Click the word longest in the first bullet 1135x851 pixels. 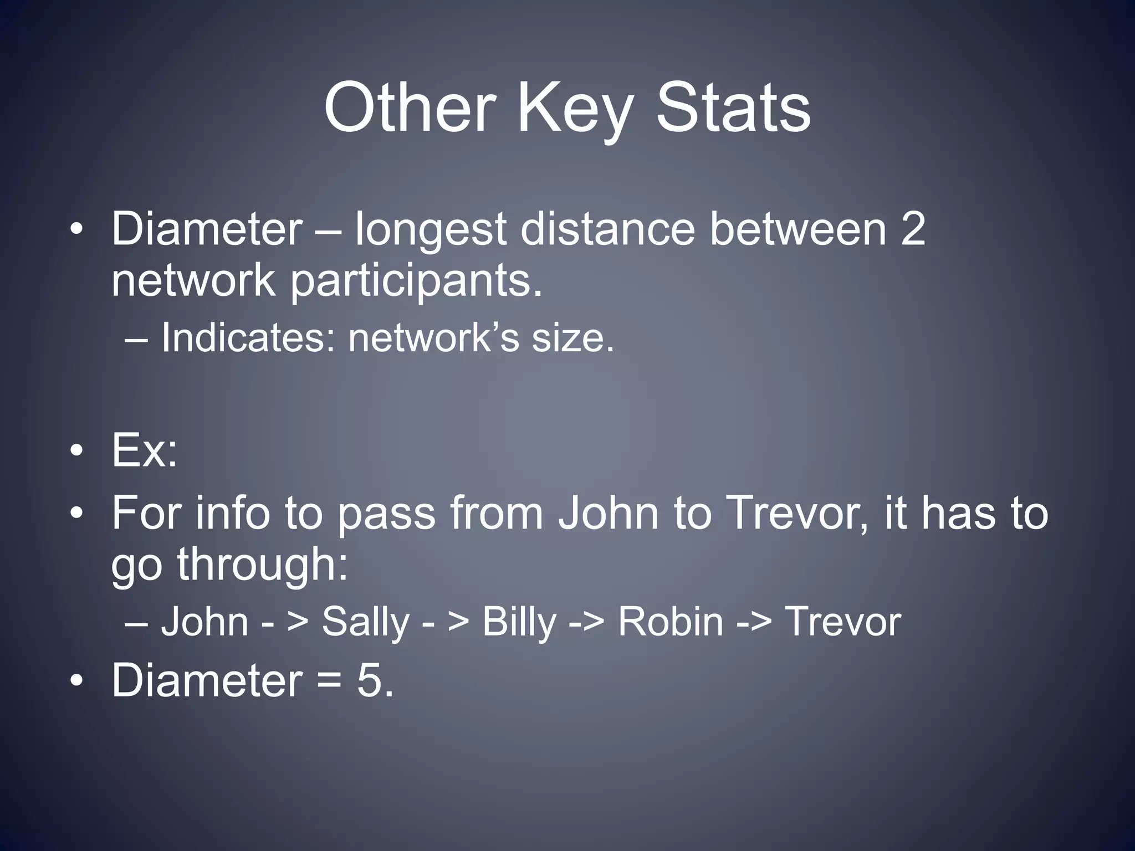(x=430, y=230)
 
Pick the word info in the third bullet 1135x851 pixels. (x=232, y=513)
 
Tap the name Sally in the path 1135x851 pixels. (x=365, y=622)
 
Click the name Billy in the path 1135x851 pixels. (x=519, y=622)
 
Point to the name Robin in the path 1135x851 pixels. (x=670, y=622)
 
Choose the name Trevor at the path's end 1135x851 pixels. (x=842, y=622)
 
